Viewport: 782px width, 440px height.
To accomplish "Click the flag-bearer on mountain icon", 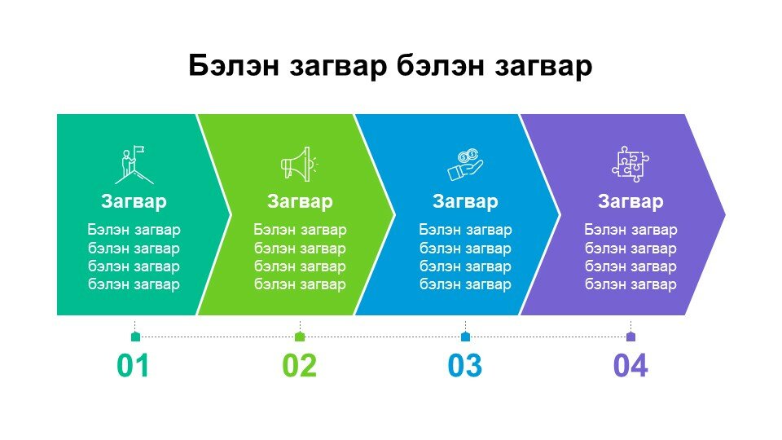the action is click(x=134, y=165).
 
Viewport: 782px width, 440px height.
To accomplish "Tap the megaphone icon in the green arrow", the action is click(x=299, y=164).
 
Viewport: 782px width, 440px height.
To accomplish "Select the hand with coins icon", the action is click(x=465, y=165).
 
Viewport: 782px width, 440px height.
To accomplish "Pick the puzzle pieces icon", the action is click(x=630, y=164).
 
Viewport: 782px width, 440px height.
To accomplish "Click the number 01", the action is click(x=133, y=366).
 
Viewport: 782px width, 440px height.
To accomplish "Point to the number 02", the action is click(x=299, y=366).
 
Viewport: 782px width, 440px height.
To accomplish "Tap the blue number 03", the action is click(x=465, y=366).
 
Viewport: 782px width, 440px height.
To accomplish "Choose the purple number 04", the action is click(x=630, y=366).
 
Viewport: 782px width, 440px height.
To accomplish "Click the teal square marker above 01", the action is click(x=135, y=337).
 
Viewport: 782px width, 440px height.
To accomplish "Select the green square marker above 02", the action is click(x=300, y=337).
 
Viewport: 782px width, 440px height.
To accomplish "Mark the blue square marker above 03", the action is click(x=465, y=337).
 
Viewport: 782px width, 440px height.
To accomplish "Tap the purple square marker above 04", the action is click(x=630, y=337).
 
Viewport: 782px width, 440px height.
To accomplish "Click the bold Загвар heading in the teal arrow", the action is click(x=134, y=201).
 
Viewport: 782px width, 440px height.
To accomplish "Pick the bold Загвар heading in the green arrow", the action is click(x=300, y=201).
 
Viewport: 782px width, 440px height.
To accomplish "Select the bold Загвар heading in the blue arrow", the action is click(x=465, y=201).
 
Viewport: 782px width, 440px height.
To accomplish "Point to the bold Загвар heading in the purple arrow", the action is click(x=630, y=201).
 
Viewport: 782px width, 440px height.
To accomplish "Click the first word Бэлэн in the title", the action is click(x=234, y=65).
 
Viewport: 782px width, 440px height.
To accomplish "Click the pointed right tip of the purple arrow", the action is click(x=725, y=215).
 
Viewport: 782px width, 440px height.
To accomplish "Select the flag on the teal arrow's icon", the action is click(x=139, y=150).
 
